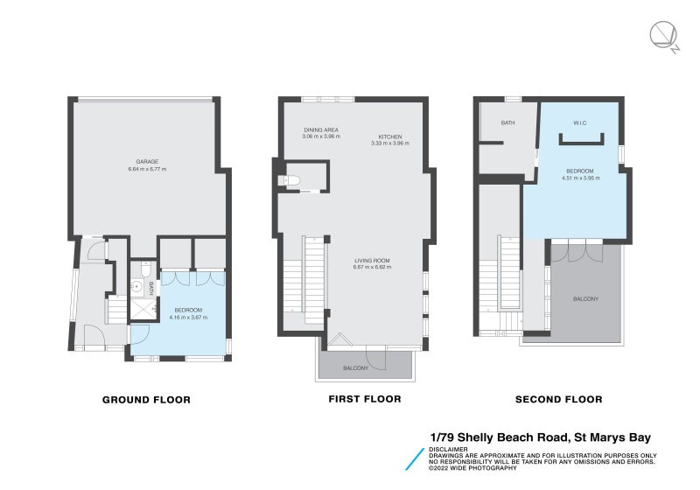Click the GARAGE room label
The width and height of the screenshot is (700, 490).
tap(145, 161)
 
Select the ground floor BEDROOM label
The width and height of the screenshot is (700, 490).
tap(188, 310)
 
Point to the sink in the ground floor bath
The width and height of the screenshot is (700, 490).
tap(136, 286)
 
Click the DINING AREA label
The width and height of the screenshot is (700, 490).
tap(320, 130)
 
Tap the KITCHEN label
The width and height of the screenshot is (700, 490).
tap(389, 136)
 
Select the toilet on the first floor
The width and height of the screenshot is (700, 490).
tap(292, 181)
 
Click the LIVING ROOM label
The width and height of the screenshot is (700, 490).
tap(372, 261)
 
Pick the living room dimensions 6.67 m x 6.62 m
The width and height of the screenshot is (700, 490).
tap(372, 267)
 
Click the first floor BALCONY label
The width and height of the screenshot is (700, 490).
tap(354, 368)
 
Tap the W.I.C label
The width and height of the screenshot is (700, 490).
tap(579, 122)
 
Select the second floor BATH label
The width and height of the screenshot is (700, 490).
tap(507, 123)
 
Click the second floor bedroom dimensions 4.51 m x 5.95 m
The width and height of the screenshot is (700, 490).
tap(578, 177)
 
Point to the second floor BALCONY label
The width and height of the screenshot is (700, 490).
tap(585, 299)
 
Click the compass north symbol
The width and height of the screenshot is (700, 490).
tap(662, 36)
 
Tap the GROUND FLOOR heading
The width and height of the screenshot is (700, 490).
tap(146, 400)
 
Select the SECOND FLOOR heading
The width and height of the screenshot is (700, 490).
tap(558, 400)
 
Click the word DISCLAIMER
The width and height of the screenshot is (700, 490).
tap(448, 450)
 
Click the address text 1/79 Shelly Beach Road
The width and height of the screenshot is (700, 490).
tap(496, 437)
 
